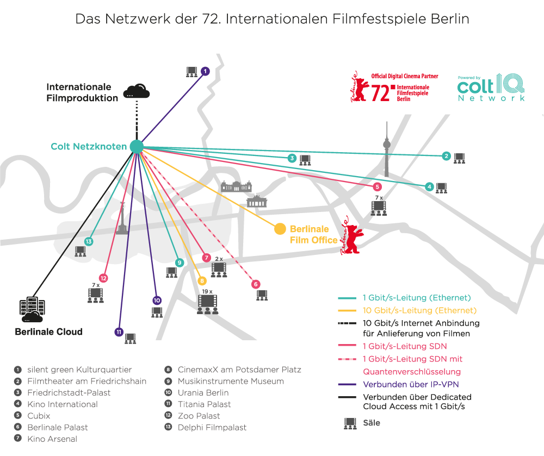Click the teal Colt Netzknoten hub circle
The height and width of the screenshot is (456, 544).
[x=136, y=146]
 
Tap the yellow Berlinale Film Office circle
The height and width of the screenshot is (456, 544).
[x=280, y=229]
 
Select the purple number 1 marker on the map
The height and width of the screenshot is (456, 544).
[x=205, y=71]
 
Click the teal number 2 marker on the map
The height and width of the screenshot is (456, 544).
[x=446, y=157]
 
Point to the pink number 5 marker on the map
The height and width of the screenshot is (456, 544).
[x=378, y=187]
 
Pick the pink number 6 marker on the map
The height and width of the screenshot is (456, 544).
[x=256, y=284]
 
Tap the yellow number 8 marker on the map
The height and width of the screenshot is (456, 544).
[x=202, y=281]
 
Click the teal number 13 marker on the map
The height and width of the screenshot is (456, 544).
[x=89, y=241]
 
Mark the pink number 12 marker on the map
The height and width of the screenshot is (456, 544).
[x=103, y=278]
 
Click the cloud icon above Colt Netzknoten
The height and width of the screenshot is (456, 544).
[x=136, y=91]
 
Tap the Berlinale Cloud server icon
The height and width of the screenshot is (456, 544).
[x=32, y=310]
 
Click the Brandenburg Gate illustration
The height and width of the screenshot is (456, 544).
[x=257, y=201]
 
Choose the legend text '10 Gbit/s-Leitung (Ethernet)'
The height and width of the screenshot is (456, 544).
[x=419, y=310]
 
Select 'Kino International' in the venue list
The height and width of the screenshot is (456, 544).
[x=63, y=404]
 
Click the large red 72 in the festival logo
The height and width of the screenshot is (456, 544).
[x=380, y=93]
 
